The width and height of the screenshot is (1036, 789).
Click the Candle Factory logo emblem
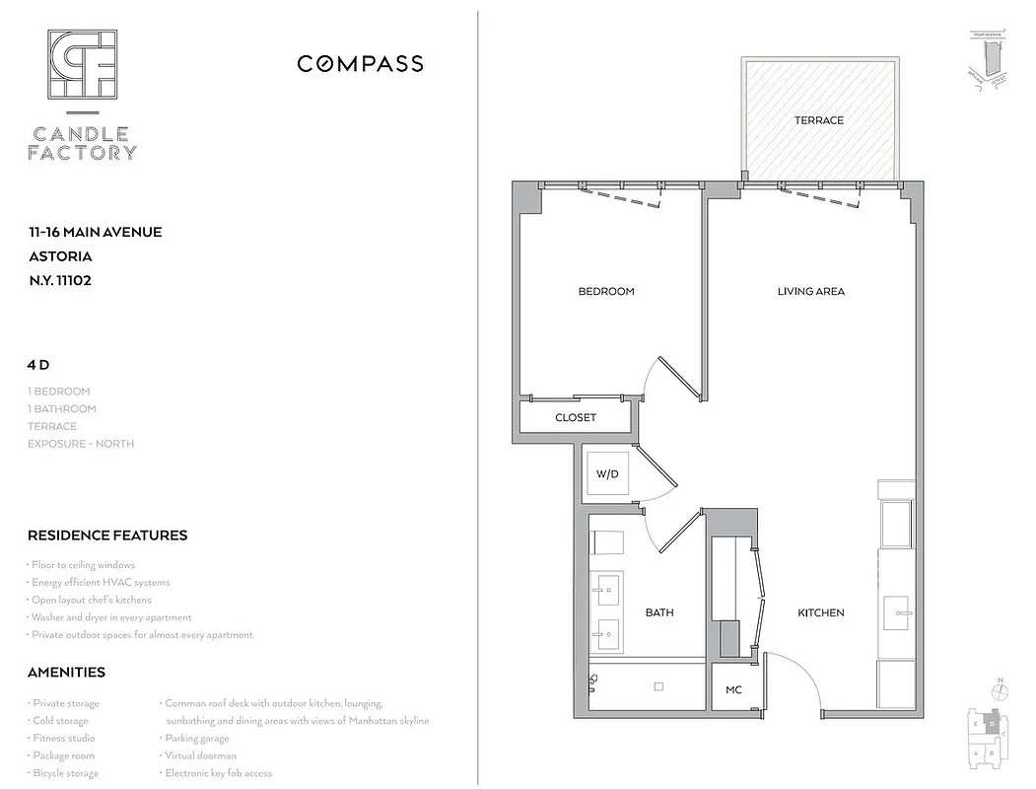(x=84, y=65)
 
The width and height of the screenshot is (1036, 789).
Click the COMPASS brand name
(x=361, y=64)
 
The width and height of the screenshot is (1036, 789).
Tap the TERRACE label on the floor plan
(x=819, y=120)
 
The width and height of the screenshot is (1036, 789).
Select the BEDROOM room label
(x=606, y=291)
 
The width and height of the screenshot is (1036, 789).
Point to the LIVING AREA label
(x=811, y=291)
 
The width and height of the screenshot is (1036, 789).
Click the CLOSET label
(x=576, y=417)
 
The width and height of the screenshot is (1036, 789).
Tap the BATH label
(x=659, y=612)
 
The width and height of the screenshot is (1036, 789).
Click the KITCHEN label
(x=821, y=612)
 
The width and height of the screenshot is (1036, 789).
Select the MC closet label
(x=733, y=689)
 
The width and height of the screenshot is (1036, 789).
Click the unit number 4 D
(x=38, y=365)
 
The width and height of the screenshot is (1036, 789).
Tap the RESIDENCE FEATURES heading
(x=107, y=536)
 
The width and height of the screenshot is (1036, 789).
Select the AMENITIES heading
(x=66, y=673)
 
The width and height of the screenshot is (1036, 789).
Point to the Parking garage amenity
(x=197, y=738)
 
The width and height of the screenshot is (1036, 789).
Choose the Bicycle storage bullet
(x=65, y=773)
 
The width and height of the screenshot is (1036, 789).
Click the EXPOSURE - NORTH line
(x=81, y=444)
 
